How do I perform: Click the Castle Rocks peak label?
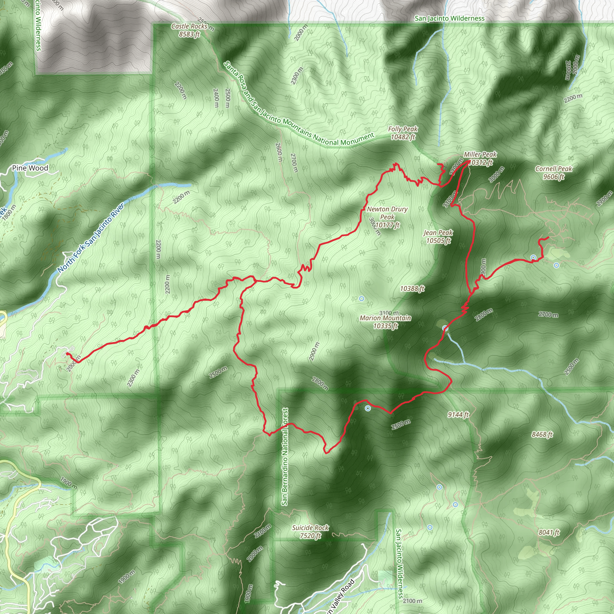pyautogui.click(x=189, y=30)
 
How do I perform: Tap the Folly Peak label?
pyautogui.click(x=403, y=133)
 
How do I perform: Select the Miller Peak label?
pyautogui.click(x=480, y=158)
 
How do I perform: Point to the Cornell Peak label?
pyautogui.click(x=554, y=173)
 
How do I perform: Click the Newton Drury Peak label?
pyautogui.click(x=387, y=217)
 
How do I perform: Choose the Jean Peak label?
pyautogui.click(x=438, y=237)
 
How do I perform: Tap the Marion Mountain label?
pyautogui.click(x=386, y=322)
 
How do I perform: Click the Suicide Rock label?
pyautogui.click(x=311, y=531)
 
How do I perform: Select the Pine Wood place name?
pyautogui.click(x=30, y=168)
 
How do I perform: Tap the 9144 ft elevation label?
pyautogui.click(x=458, y=414)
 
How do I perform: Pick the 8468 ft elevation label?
pyautogui.click(x=542, y=434)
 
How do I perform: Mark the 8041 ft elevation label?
pyautogui.click(x=549, y=532)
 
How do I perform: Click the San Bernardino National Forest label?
pyautogui.click(x=285, y=457)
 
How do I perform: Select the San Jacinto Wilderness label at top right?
pyautogui.click(x=449, y=18)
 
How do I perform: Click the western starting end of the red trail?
pyautogui.click(x=67, y=353)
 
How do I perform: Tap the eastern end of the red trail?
pyautogui.click(x=548, y=237)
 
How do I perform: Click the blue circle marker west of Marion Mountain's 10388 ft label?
pyautogui.click(x=361, y=298)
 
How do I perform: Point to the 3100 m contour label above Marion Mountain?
pyautogui.click(x=389, y=313)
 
